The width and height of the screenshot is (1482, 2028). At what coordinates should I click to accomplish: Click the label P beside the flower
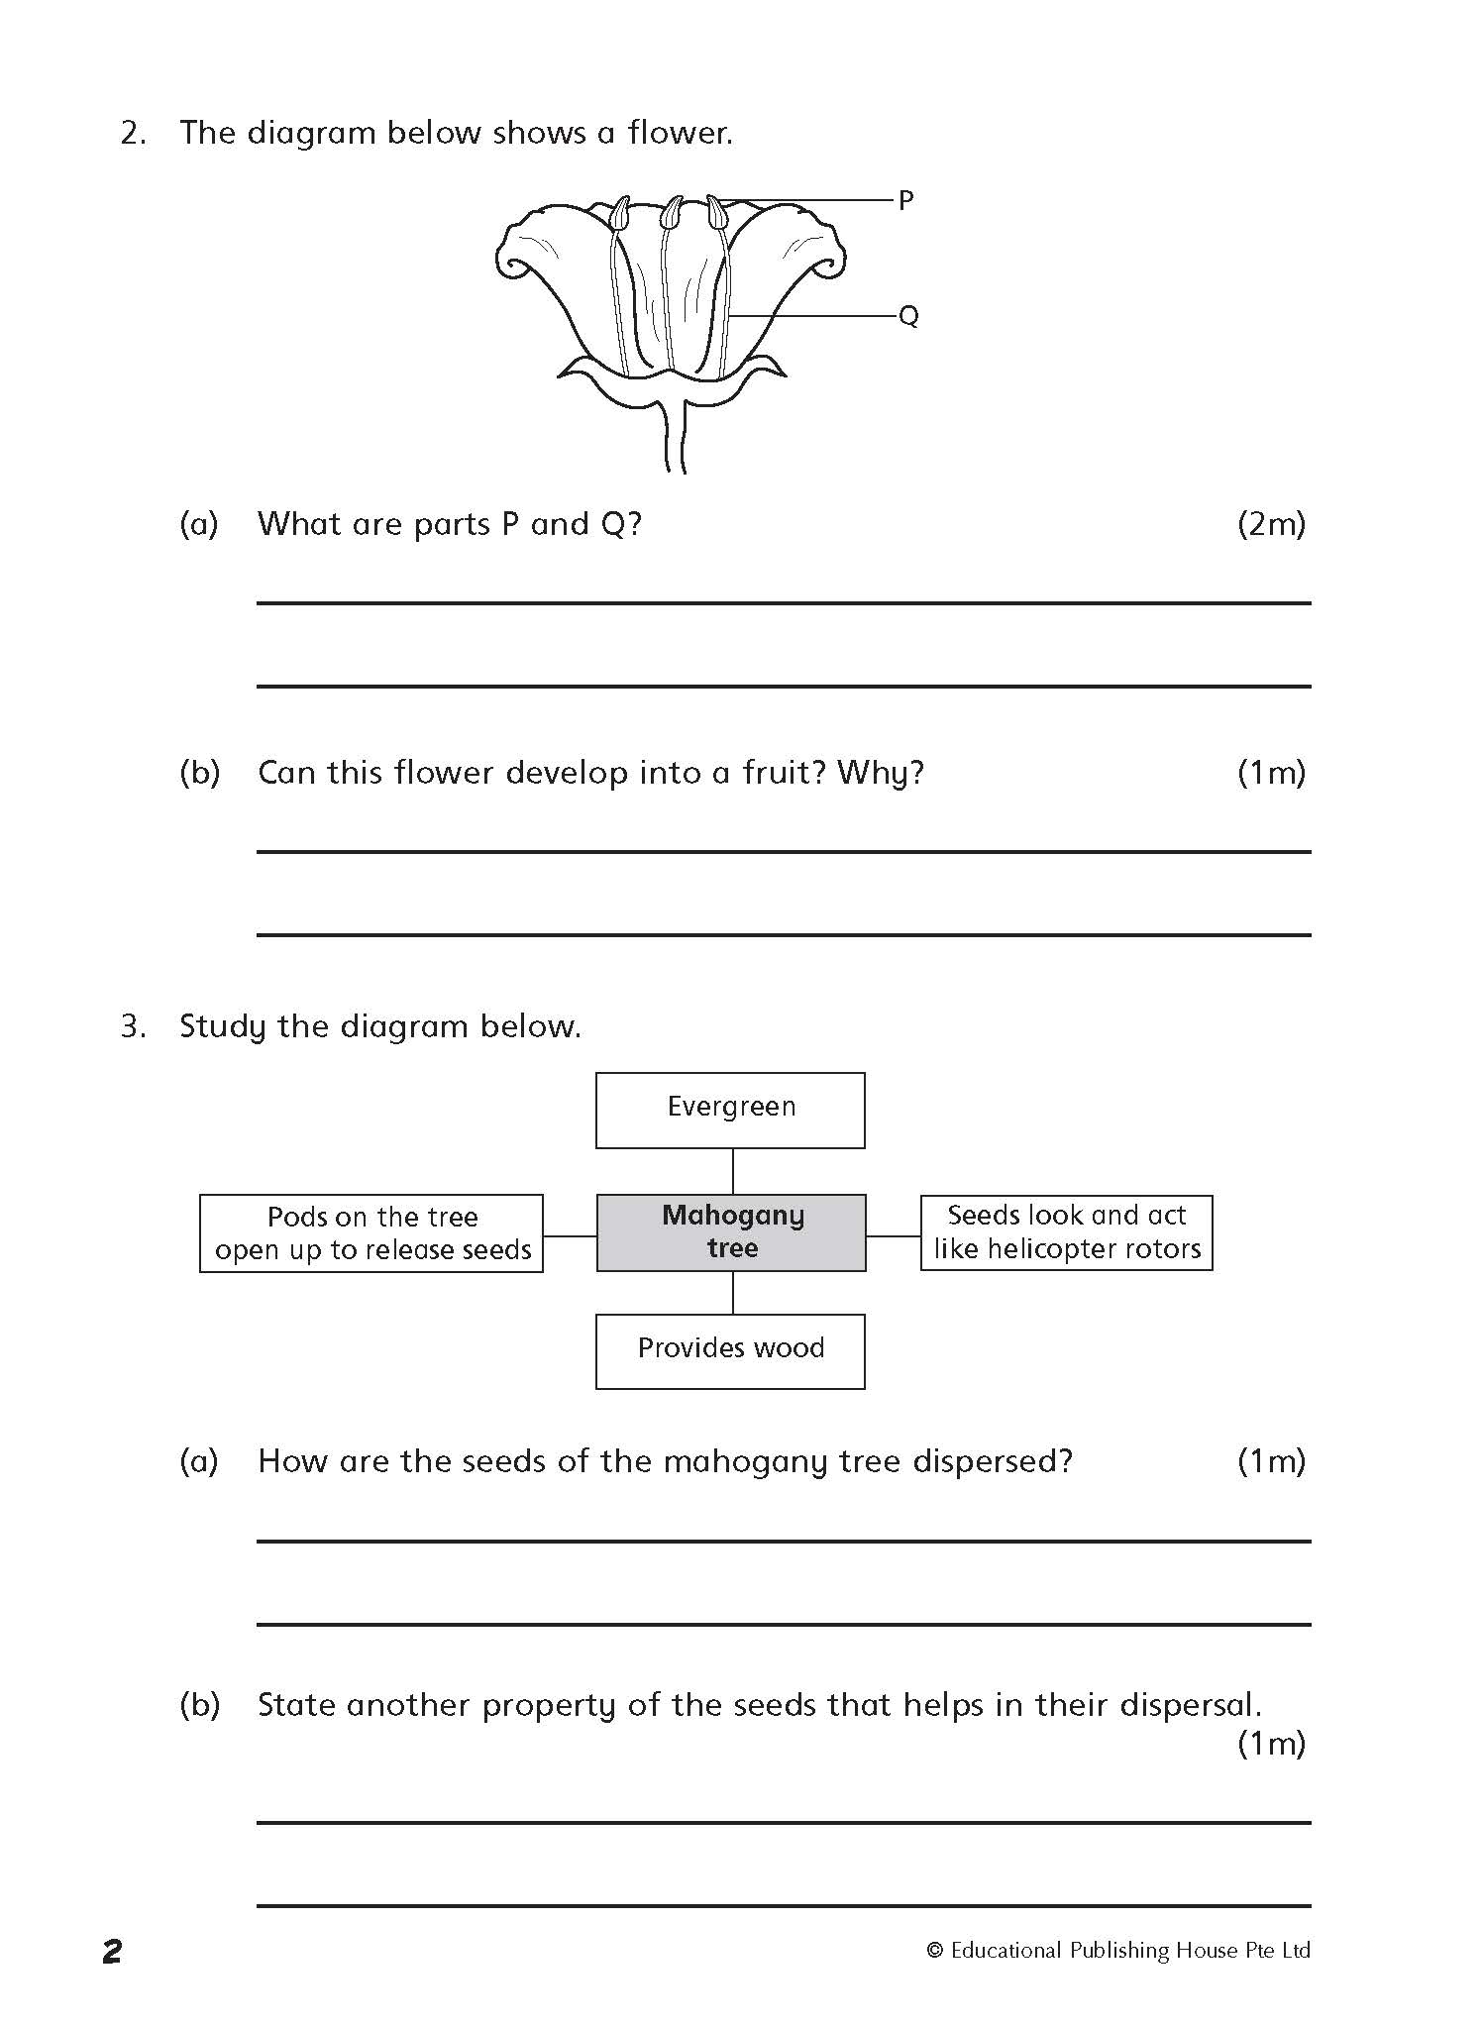click(905, 201)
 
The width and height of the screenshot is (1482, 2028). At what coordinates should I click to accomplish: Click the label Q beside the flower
click(908, 316)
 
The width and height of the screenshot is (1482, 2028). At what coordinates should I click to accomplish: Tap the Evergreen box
click(730, 1110)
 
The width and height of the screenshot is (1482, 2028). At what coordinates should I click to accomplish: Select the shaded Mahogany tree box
click(731, 1232)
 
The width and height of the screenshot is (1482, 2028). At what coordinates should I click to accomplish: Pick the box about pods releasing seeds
click(371, 1233)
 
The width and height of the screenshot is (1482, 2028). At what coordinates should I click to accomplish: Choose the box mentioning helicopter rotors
click(1066, 1232)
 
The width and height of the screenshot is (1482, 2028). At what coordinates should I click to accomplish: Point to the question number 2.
click(133, 134)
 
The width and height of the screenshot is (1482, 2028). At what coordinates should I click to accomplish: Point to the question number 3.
click(133, 1026)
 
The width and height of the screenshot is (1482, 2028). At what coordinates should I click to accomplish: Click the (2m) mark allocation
click(1271, 524)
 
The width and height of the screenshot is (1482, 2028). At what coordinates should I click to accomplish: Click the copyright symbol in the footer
click(934, 1951)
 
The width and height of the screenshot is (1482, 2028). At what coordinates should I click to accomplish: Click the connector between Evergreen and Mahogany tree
click(732, 1171)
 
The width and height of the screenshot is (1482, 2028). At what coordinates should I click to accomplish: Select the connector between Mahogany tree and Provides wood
click(732, 1293)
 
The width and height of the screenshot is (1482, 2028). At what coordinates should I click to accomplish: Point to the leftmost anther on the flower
click(620, 213)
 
